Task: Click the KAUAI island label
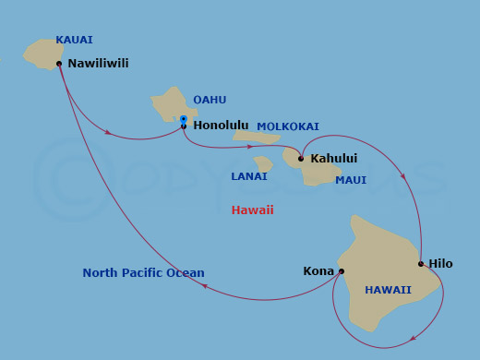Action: [74, 40]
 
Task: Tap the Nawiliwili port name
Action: [98, 64]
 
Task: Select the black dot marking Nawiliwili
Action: [59, 64]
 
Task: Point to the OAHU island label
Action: [210, 100]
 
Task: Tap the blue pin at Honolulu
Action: [184, 119]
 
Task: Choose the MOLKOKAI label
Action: [288, 126]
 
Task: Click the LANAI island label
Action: [249, 176]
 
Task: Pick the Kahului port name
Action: [333, 159]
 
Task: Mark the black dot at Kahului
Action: [301, 159]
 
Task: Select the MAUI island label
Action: [351, 180]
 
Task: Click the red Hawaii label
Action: [252, 210]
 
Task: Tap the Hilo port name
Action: [440, 264]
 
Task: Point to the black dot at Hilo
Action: [421, 264]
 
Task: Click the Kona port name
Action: [318, 271]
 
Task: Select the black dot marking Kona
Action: [342, 271]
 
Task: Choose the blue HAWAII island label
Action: [388, 290]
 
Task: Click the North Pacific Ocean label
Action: [143, 273]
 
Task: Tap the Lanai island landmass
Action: [264, 164]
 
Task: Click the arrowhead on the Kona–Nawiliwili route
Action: [204, 287]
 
